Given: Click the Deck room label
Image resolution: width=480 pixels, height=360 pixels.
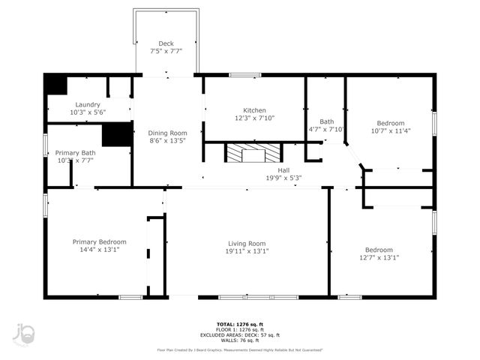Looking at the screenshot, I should (166, 43).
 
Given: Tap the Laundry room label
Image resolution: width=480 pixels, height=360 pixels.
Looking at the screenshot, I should (88, 104).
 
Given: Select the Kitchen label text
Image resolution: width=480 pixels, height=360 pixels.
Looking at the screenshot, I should (254, 109).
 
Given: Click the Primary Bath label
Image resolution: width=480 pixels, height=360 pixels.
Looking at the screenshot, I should (75, 152).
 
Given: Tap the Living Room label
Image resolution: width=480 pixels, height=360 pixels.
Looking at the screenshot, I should (247, 243).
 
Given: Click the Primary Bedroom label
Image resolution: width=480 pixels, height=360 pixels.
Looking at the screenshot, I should (99, 241).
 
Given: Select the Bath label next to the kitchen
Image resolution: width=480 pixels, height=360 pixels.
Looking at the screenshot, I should (326, 121).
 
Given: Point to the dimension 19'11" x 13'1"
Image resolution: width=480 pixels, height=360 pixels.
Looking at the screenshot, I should (247, 251).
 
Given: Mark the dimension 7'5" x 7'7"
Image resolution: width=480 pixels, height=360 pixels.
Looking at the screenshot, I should (166, 51).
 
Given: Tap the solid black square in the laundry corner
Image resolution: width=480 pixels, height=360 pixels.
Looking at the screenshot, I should (55, 84).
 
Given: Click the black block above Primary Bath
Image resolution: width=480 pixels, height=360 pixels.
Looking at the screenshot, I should (117, 133).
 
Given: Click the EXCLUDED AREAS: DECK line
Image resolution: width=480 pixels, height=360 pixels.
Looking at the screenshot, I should (239, 334).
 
